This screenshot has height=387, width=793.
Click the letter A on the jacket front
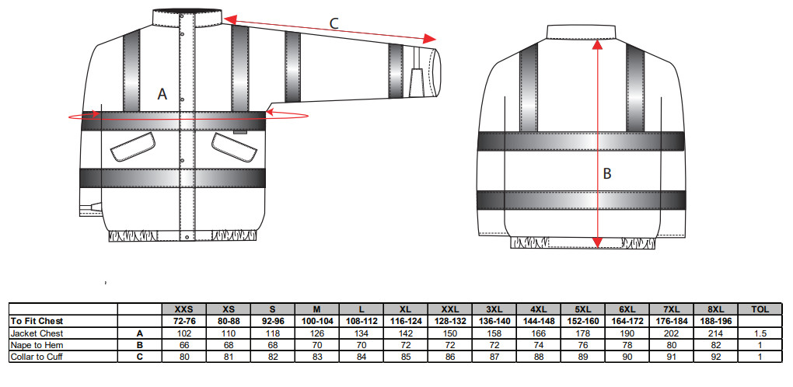162,94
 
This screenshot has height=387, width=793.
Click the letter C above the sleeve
334,23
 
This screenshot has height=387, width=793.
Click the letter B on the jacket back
607,174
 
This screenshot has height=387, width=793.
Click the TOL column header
760,309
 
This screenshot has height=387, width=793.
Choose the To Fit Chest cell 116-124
399,320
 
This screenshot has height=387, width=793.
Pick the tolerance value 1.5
760,333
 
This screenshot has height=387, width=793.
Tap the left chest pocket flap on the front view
133,146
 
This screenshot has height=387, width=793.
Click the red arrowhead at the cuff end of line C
430,40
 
